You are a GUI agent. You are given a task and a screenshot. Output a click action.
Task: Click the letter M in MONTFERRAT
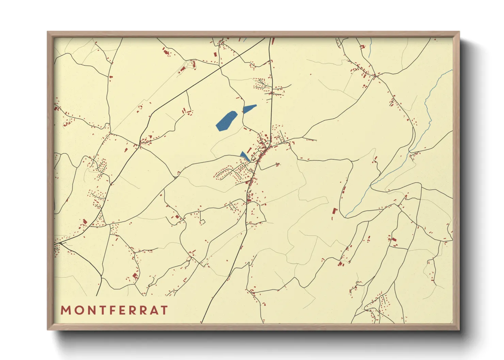(x=65, y=310)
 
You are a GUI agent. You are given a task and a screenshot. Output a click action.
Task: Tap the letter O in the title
(x=78, y=310)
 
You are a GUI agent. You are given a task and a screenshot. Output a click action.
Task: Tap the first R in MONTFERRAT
(x=132, y=310)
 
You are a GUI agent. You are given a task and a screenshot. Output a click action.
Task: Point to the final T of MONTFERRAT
(x=164, y=310)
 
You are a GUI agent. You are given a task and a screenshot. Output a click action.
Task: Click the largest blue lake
(x=226, y=121)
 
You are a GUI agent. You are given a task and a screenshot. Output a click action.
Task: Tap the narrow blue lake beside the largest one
(x=249, y=109)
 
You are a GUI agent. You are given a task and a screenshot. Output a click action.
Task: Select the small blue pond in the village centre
(x=244, y=156)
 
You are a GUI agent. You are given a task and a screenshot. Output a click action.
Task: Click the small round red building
(x=179, y=72)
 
